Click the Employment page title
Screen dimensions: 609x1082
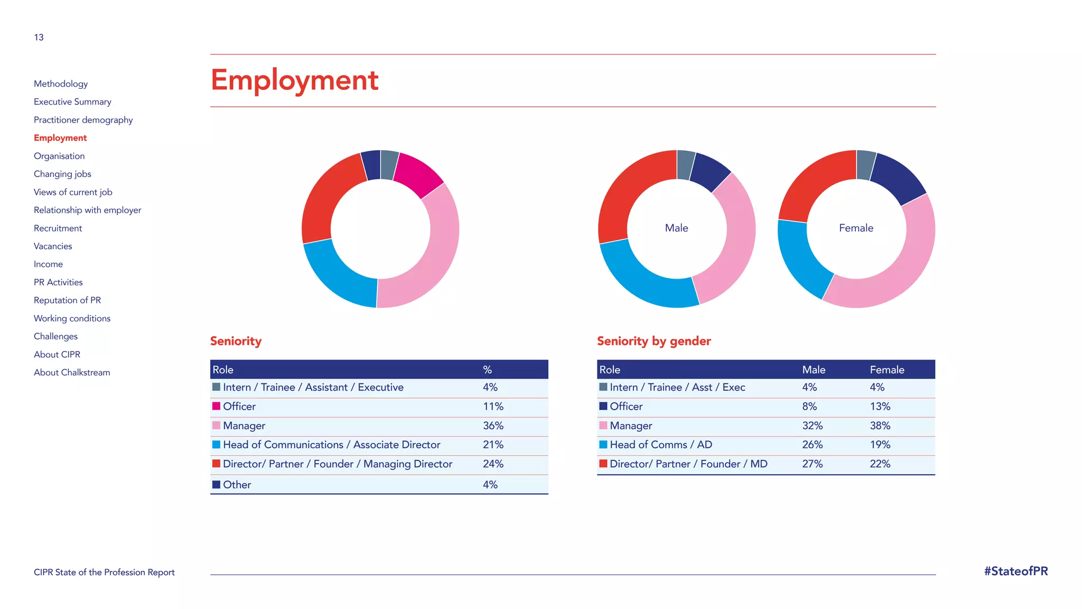294,80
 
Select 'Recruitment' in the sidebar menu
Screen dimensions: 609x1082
58,228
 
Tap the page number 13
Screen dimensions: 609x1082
39,38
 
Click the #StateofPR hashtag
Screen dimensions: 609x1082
1015,571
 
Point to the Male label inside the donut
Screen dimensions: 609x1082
676,228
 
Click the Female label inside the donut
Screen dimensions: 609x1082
856,228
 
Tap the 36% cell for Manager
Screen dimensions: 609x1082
493,426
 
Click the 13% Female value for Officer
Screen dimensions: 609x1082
880,407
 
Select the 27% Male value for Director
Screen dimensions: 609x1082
812,464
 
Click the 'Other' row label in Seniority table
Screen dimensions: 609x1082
237,485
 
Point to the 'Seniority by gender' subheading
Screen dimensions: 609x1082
654,341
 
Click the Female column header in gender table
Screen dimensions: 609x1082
887,370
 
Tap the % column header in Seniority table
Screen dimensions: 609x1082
487,370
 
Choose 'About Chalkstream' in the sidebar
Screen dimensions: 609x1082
72,373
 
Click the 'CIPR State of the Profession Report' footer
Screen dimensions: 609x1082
104,572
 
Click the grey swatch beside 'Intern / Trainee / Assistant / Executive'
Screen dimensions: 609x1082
216,387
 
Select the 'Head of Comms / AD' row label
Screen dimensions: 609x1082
660,445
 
